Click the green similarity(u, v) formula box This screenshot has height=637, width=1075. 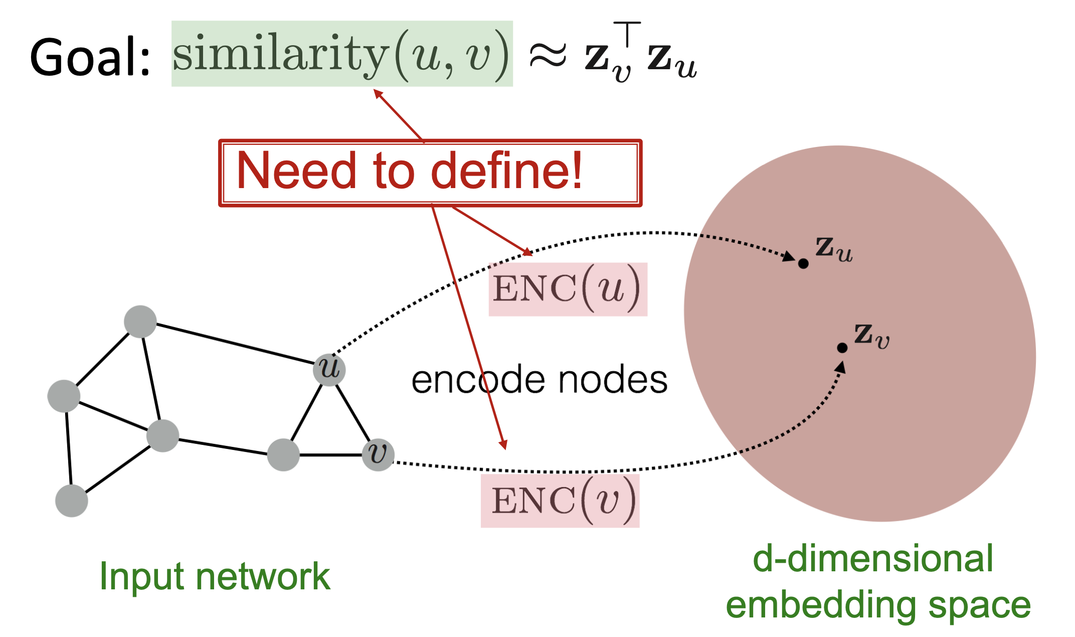[x=341, y=54]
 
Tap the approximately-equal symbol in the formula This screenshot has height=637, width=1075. [x=548, y=55]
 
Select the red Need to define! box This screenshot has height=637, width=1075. [x=430, y=173]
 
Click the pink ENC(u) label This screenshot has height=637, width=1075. [x=568, y=289]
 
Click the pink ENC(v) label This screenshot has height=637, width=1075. [x=560, y=501]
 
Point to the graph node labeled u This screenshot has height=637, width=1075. [x=329, y=370]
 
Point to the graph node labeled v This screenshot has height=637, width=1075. [x=378, y=454]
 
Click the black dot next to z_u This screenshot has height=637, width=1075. [x=803, y=263]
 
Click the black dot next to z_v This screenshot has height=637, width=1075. [x=842, y=348]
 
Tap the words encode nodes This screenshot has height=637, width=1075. [x=539, y=380]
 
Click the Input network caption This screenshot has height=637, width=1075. [x=215, y=576]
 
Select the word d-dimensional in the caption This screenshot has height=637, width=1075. [x=873, y=559]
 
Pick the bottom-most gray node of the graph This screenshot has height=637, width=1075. [x=72, y=501]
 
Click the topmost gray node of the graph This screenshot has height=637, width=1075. [x=140, y=322]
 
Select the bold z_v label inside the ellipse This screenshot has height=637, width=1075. [x=871, y=335]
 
